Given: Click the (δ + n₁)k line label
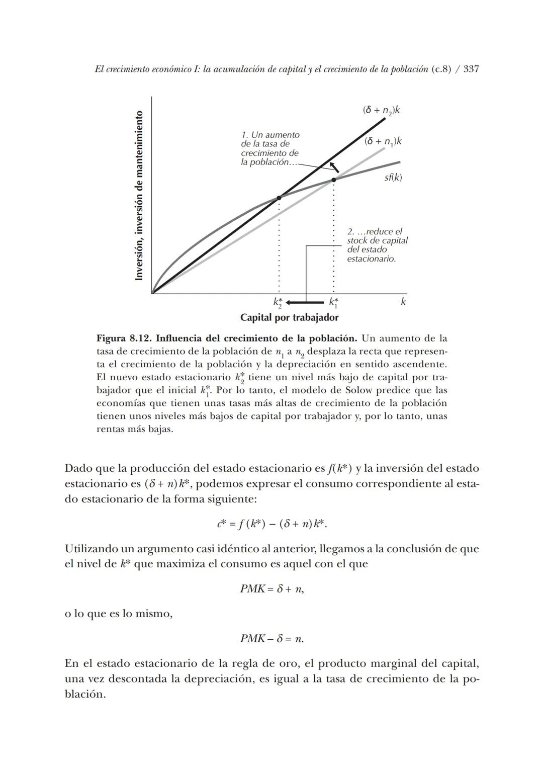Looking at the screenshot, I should (383, 141).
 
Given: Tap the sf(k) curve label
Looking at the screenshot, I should (393, 178).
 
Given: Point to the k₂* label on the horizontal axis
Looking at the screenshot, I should (278, 303).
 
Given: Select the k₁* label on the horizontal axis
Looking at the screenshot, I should (333, 303).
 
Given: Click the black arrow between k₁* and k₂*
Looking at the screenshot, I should (305, 302).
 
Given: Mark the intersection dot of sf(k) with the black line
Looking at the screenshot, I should (279, 198).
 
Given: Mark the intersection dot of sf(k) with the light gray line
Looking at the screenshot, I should (333, 180).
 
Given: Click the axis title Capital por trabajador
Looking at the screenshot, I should (289, 318).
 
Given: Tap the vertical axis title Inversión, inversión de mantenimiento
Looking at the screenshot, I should (140, 195).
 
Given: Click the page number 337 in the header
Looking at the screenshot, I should (471, 69).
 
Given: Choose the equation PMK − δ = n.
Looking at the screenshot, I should (271, 639).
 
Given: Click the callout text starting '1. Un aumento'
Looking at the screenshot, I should (270, 149).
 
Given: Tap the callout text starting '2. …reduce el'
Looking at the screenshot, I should (377, 245).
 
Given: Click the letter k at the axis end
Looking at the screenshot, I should (403, 302).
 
